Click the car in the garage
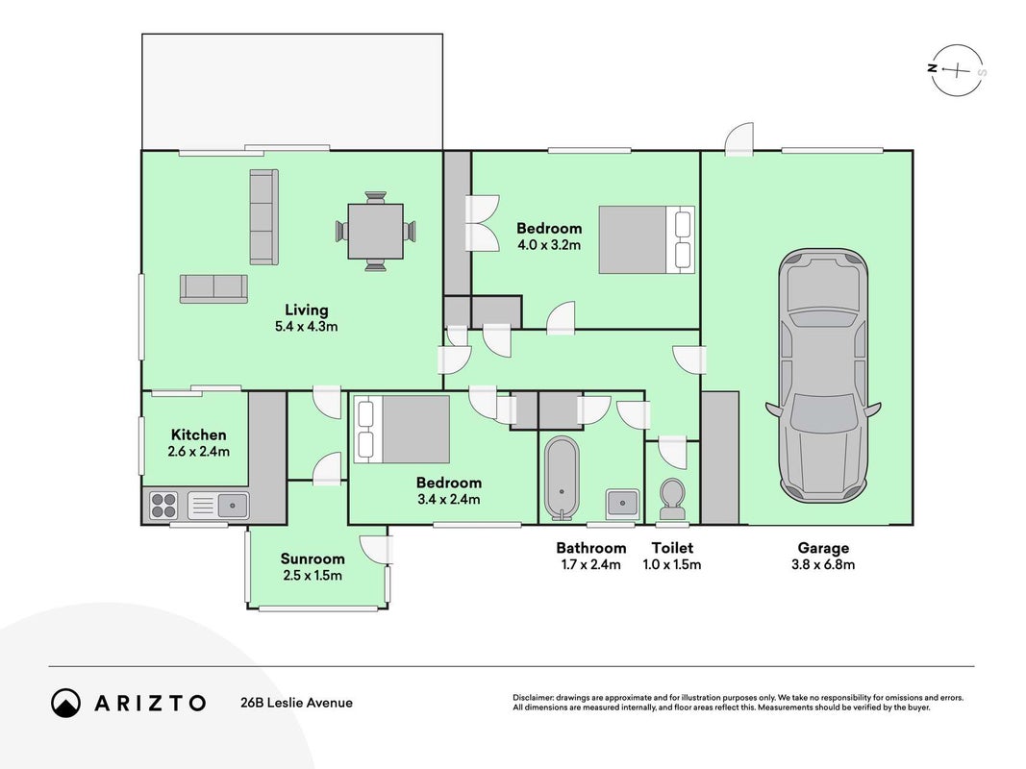[823, 376]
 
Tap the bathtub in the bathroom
[563, 478]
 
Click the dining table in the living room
[376, 231]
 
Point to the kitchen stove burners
[163, 506]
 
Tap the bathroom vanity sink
[621, 504]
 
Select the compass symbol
[958, 70]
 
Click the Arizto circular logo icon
[65, 703]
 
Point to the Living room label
[306, 310]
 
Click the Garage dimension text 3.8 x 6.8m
[823, 565]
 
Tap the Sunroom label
[313, 558]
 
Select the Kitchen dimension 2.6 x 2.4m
[199, 451]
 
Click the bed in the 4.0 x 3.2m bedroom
[646, 239]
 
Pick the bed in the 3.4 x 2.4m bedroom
[402, 429]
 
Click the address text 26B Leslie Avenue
[296, 703]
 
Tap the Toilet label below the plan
[672, 548]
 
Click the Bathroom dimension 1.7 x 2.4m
[590, 565]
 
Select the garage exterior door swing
[738, 139]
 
